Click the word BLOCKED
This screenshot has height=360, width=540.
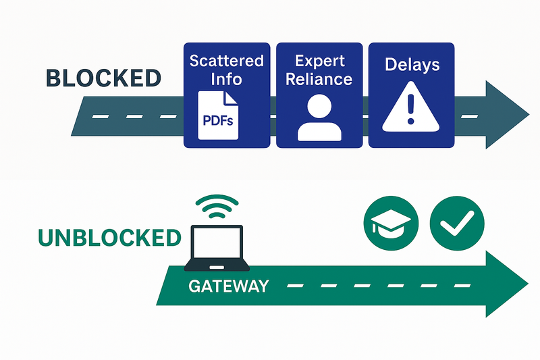(x=103, y=78)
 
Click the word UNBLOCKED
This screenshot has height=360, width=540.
(x=109, y=237)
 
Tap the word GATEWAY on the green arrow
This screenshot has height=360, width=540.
(x=228, y=286)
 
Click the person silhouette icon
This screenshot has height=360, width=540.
(x=319, y=116)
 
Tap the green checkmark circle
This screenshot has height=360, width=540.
(x=452, y=223)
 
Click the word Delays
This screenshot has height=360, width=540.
(x=412, y=65)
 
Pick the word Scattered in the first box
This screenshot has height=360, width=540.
(x=226, y=61)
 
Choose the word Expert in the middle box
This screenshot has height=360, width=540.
(x=319, y=61)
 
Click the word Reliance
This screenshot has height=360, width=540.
(x=319, y=79)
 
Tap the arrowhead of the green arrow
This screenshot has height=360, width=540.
(x=503, y=283)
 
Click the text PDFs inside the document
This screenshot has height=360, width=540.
(x=217, y=122)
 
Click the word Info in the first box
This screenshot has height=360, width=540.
(x=226, y=79)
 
